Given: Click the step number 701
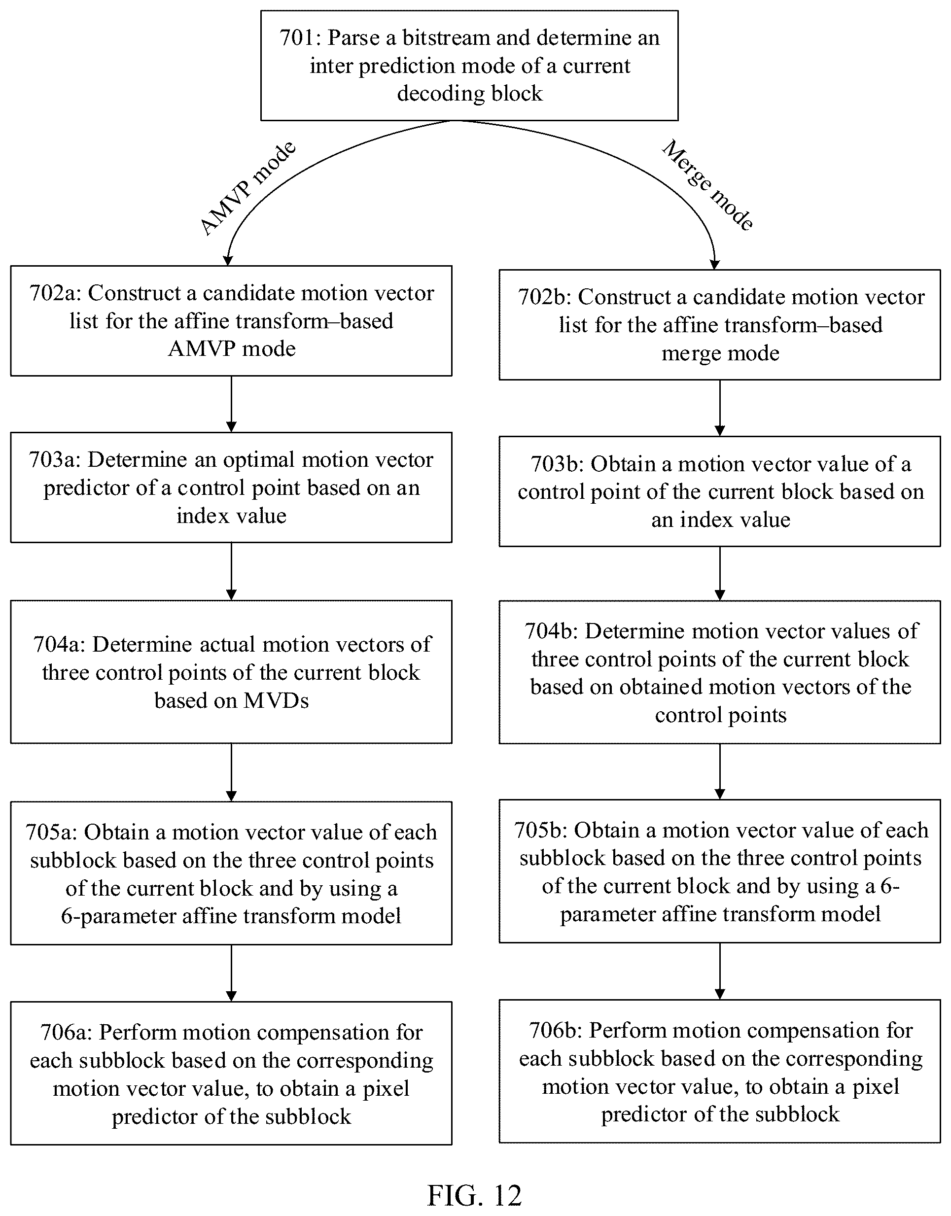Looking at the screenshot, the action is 297,38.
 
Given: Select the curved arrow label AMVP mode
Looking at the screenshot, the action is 248,188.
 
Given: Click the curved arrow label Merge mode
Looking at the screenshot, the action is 707,185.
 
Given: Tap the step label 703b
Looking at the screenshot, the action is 556,464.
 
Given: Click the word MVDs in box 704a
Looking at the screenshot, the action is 276,701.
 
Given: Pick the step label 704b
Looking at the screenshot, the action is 551,631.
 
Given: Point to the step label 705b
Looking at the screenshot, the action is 541,831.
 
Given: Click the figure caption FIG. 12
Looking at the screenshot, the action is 474,1195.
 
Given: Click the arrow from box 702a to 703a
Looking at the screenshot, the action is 232,404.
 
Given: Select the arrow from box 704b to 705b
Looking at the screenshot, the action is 720,772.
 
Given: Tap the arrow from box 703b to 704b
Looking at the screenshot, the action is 720,573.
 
